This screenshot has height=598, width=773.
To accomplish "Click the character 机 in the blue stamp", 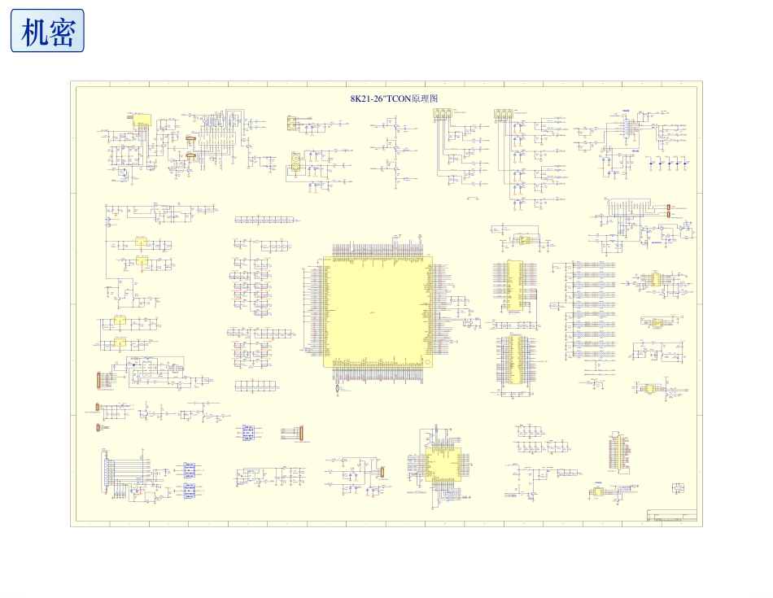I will click(33, 32).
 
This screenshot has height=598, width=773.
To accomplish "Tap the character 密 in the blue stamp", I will click(62, 32).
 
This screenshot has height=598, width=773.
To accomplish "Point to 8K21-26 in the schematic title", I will click(367, 98).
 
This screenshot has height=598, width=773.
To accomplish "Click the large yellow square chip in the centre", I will click(378, 312).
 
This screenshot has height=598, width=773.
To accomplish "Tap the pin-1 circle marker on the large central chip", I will click(327, 261).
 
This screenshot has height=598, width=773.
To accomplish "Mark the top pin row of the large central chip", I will click(378, 248).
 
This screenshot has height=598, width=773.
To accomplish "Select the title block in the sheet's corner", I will click(671, 517).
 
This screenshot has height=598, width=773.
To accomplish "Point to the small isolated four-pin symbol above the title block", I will click(677, 487).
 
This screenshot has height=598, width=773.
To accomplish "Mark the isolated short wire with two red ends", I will click(472, 198).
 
